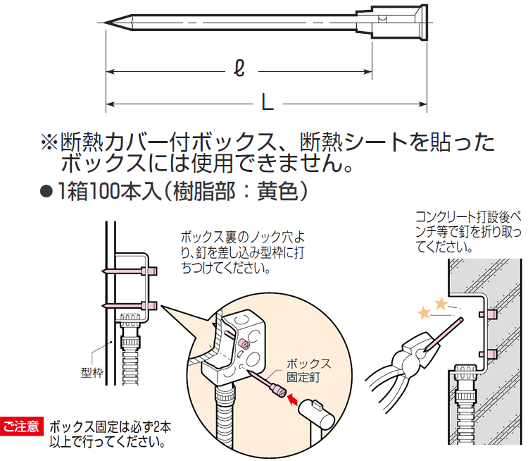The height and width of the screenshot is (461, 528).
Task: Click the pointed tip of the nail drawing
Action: [105, 23]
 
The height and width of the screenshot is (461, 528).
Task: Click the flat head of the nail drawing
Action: [424, 23]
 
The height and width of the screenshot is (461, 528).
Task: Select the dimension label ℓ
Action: [239, 68]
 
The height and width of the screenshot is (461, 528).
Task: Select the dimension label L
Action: [268, 102]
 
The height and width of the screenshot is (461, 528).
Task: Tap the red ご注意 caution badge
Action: [22, 426]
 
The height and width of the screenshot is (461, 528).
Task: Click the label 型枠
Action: [92, 373]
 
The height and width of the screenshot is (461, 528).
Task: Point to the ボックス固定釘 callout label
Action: [309, 370]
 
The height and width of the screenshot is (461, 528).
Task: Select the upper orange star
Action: [441, 304]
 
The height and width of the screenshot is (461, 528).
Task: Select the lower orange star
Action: [424, 313]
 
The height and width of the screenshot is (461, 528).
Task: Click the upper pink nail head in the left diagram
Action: [149, 271]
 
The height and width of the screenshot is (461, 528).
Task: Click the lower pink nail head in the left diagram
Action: [149, 305]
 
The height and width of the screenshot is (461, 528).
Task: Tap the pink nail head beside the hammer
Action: [279, 391]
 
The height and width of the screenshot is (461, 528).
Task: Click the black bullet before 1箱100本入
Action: [46, 192]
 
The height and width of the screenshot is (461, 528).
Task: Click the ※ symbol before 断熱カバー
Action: [49, 142]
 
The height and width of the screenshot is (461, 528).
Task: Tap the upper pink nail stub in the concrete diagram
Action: [487, 314]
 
